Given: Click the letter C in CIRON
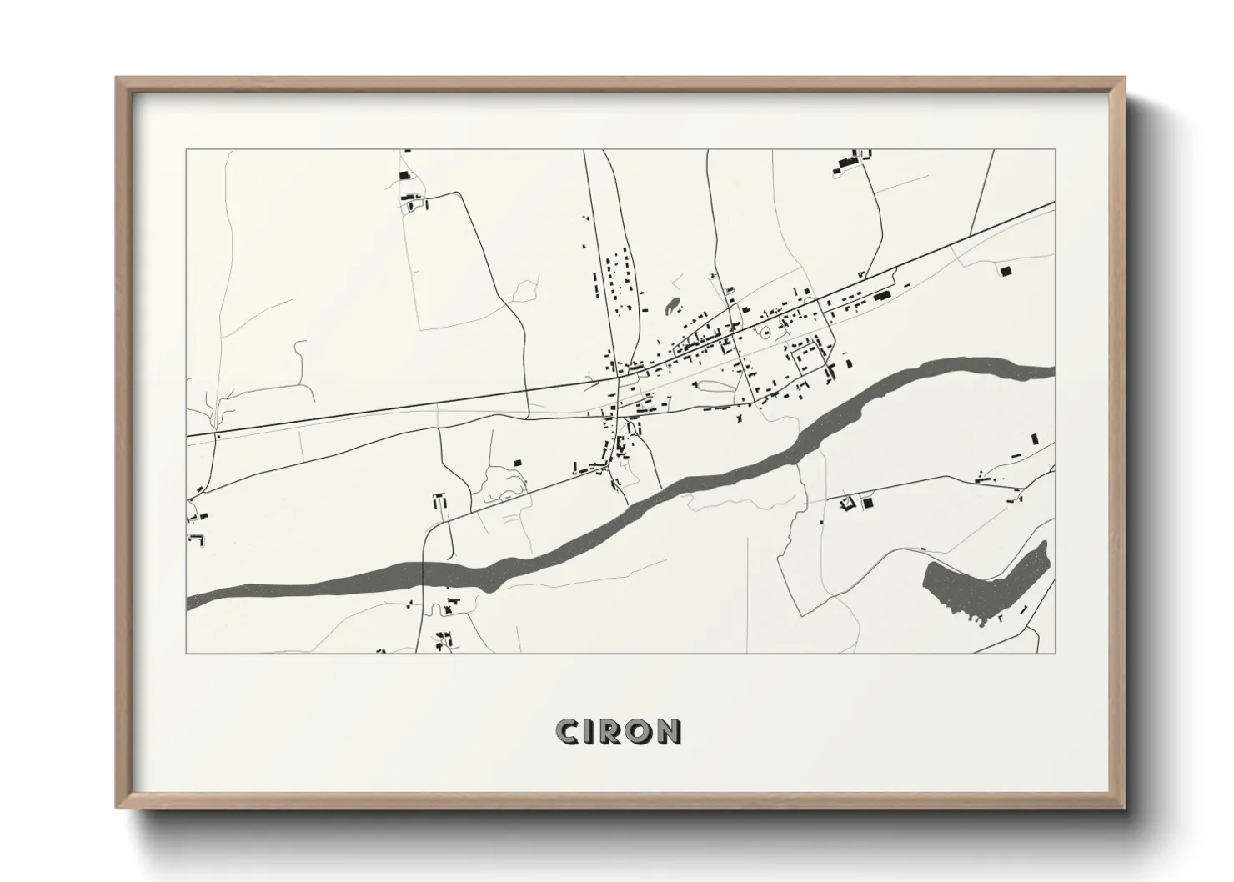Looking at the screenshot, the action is pyautogui.click(x=569, y=731).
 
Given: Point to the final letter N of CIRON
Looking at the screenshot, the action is pyautogui.click(x=669, y=731).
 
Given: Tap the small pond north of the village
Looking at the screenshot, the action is pyautogui.click(x=672, y=307).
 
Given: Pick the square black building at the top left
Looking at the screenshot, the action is pyautogui.click(x=405, y=175).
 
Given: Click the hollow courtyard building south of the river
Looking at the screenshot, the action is pyautogui.click(x=850, y=502).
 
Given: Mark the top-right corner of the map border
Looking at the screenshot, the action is pyautogui.click(x=1055, y=150).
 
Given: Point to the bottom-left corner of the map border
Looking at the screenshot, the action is pyautogui.click(x=187, y=654).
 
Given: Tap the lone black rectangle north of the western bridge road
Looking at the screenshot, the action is pyautogui.click(x=516, y=462).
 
